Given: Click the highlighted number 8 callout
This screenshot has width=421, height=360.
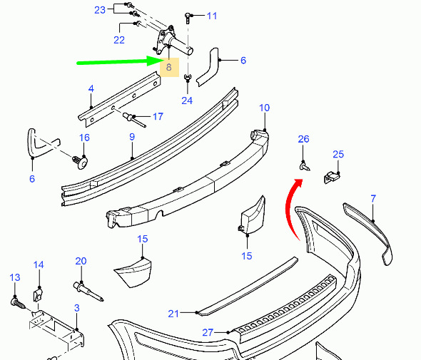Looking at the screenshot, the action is (169, 67).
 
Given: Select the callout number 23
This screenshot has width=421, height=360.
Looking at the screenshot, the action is (100, 10).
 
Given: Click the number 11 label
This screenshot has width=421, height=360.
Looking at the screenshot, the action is (212, 16).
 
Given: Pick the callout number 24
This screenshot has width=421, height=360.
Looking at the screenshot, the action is (187, 101).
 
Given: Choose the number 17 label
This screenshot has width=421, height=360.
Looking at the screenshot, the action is (158, 116).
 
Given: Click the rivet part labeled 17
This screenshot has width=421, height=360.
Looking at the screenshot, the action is (134, 120).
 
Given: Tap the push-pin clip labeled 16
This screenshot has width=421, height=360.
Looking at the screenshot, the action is (80, 163).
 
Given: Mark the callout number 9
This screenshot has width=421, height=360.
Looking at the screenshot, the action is (132, 137).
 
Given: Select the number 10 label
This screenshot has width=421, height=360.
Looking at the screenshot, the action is (264, 108).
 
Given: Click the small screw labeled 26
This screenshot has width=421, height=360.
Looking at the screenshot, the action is (305, 166).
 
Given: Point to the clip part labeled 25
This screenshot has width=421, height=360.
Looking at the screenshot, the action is (332, 178).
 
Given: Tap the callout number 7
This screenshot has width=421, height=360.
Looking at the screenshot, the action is (373, 199).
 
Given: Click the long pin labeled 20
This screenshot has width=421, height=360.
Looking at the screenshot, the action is (88, 292).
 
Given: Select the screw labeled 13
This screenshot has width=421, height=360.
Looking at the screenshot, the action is (19, 303).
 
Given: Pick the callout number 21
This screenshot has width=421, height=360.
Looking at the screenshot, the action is (173, 314).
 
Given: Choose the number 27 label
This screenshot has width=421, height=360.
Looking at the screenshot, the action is (208, 333).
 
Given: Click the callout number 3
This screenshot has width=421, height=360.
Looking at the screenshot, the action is (77, 308).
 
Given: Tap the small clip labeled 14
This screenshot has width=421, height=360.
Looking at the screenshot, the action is (38, 295).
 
